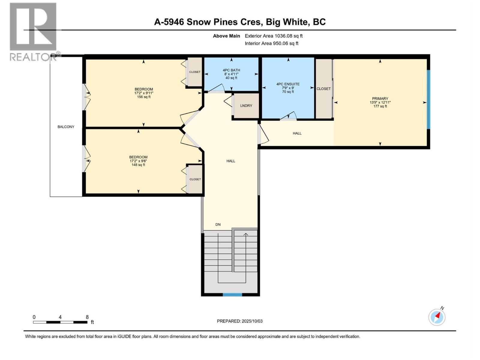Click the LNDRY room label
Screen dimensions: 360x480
(246, 106)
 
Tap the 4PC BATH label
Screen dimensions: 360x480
(231, 70)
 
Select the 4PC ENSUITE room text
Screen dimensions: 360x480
(288, 84)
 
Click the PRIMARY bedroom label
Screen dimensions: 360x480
(380, 99)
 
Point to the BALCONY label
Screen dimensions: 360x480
(66, 127)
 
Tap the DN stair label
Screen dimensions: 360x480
(218, 224)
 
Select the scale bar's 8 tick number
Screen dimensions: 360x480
(87, 317)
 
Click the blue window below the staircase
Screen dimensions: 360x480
(232, 295)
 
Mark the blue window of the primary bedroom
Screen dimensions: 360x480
(428, 99)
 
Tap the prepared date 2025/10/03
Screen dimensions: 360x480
(240, 321)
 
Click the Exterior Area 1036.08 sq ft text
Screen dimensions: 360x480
(274, 36)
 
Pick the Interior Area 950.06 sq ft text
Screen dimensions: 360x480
(271, 43)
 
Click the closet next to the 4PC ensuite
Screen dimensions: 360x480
(323, 89)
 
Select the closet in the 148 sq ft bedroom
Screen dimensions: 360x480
(195, 179)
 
